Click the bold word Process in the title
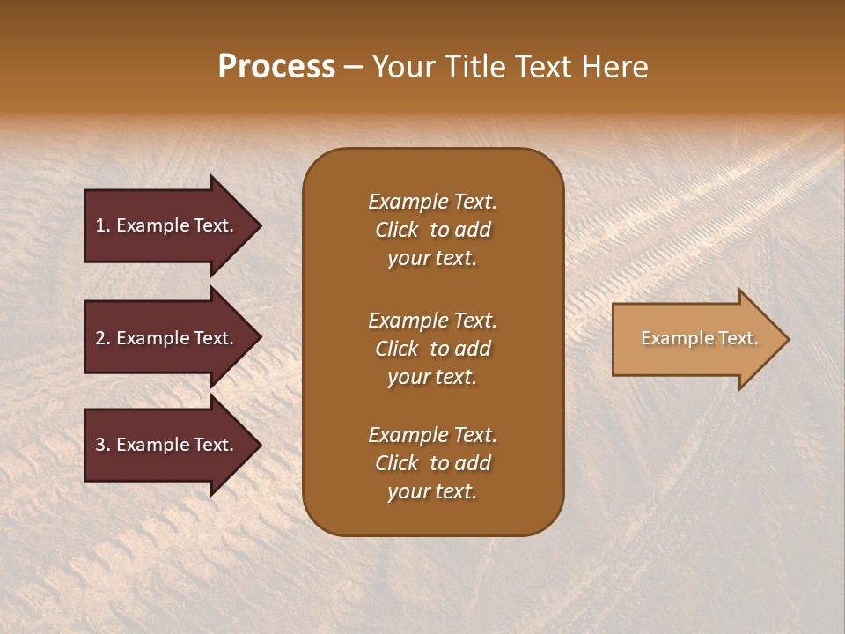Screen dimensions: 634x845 pyautogui.click(x=276, y=67)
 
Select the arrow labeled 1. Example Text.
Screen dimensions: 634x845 pyautogui.click(x=167, y=225)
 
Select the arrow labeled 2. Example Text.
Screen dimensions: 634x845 pyautogui.click(x=167, y=338)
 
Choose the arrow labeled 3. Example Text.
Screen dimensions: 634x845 pyautogui.click(x=167, y=445)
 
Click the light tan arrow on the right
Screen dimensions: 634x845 pyautogui.click(x=695, y=339)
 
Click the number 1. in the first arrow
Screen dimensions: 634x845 pyautogui.click(x=103, y=225)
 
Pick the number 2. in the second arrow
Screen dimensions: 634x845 pyautogui.click(x=103, y=338)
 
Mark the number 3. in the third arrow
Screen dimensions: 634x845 pyautogui.click(x=103, y=445)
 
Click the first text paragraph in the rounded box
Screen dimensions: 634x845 pyautogui.click(x=432, y=230)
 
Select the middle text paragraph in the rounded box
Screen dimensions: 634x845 pyautogui.click(x=432, y=349)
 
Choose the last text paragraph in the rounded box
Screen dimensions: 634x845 pyautogui.click(x=432, y=463)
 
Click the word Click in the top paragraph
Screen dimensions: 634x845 pyautogui.click(x=396, y=230)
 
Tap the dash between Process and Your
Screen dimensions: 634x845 pyautogui.click(x=353, y=67)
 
